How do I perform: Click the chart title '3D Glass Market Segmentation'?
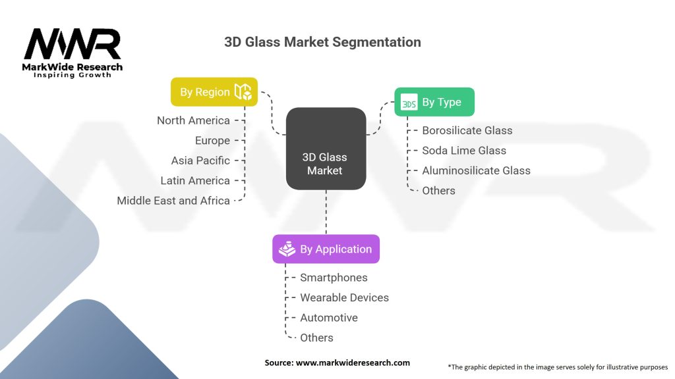[322, 42]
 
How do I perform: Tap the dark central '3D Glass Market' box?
[326, 149]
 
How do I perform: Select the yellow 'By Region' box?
[214, 92]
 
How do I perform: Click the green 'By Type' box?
[434, 102]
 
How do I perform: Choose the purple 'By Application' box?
[326, 249]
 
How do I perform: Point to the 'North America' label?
[193, 120]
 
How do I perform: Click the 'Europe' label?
[212, 140]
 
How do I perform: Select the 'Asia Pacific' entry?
[200, 161]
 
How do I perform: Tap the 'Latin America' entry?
[195, 180]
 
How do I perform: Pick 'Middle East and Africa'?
[173, 201]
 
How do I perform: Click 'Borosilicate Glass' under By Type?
[467, 130]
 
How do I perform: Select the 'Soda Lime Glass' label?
[464, 151]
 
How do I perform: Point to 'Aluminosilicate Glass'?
[476, 170]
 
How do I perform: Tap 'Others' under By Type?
[438, 191]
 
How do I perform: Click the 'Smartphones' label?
[334, 278]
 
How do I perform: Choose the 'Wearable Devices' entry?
[344, 297]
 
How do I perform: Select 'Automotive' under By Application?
[329, 318]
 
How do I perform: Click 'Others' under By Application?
[316, 338]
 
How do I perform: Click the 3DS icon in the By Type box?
[409, 103]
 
